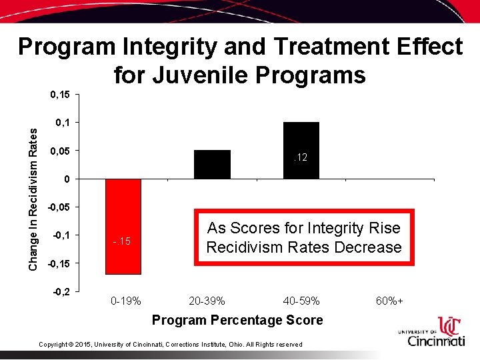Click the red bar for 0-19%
pos(123,226)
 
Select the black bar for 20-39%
pos(212,165)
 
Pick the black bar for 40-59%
pos(301,150)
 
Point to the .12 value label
pos(301,157)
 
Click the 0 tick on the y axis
pos(67,179)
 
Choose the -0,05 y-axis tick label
pos(59,207)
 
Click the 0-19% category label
pos(125,301)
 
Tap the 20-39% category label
pos(207,301)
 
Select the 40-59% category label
pos(301,301)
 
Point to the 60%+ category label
pos(389,301)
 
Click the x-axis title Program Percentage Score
pos(237,320)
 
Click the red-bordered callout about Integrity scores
pos(303,238)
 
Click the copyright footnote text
pos(171,344)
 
